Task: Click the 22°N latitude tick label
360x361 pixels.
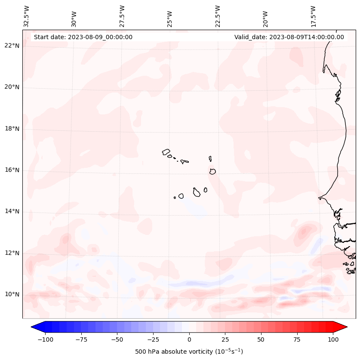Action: click(12, 46)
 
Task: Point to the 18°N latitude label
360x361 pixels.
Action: click(12, 129)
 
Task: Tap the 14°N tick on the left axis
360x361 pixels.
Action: click(12, 211)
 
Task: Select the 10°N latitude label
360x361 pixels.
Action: click(12, 295)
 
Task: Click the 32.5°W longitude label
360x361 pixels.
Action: click(27, 16)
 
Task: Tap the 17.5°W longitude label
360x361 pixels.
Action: click(313, 16)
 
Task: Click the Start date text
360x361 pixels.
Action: click(83, 37)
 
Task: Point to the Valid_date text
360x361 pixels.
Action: click(289, 37)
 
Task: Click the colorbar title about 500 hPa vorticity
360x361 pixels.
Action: click(189, 352)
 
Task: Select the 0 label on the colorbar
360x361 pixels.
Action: click(189, 339)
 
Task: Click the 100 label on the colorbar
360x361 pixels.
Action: click(332, 339)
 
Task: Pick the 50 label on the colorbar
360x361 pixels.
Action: click(261, 339)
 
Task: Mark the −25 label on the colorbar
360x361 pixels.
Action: click(153, 339)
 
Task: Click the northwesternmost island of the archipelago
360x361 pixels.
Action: click(166, 151)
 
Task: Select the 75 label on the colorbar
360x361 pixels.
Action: click(297, 339)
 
